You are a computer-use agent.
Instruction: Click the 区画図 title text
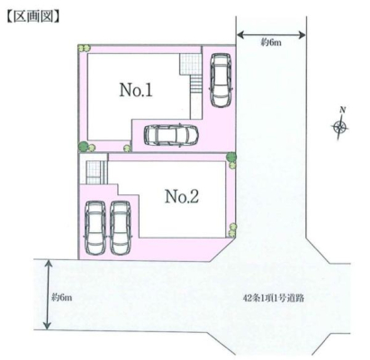32,16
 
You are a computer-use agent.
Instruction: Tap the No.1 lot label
136,90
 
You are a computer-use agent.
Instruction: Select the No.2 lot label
182,196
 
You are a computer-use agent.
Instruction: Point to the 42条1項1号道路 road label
274,298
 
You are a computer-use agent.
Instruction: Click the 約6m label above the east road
271,43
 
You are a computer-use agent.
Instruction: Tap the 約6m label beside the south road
61,298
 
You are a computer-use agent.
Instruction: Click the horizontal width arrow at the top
271,35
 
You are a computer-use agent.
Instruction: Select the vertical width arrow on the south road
47,294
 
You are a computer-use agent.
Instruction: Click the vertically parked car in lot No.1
221,80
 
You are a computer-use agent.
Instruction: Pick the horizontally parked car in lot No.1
171,136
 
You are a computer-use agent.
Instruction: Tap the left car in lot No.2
95,228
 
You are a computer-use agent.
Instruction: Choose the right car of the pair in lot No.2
121,228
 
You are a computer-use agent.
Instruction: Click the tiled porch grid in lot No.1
190,64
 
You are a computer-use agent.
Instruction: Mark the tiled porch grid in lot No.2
96,172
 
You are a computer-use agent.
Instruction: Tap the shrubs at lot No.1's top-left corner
84,48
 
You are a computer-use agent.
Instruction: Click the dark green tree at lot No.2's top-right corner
231,157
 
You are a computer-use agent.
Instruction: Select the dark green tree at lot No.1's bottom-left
84,147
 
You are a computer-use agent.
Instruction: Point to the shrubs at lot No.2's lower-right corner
232,230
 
